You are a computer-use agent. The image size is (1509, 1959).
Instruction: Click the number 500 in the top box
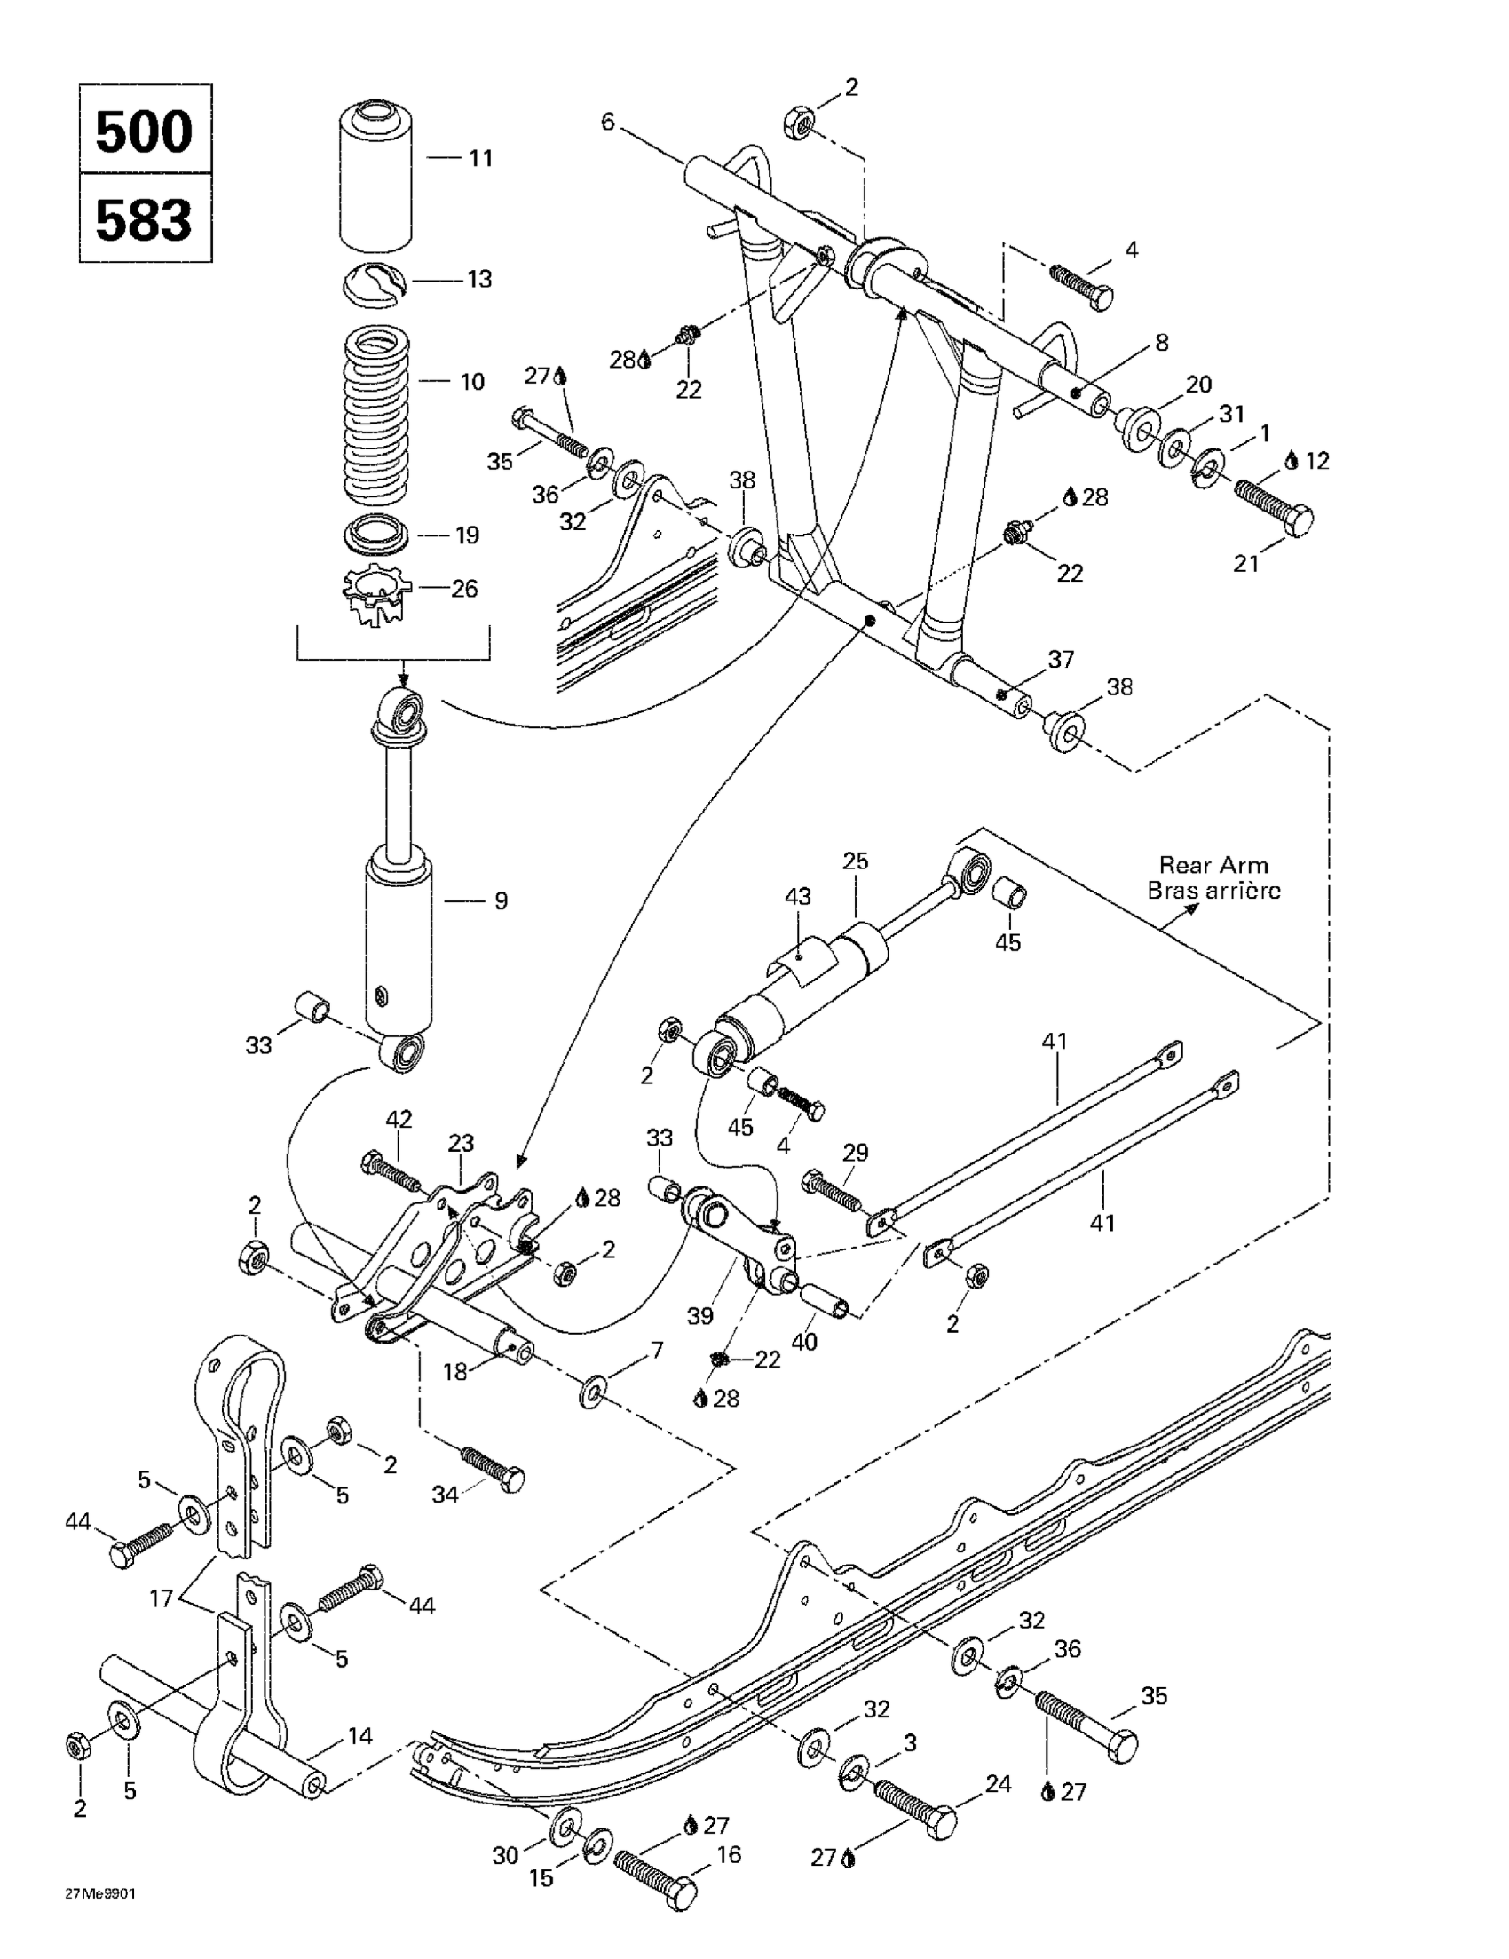coord(144,131)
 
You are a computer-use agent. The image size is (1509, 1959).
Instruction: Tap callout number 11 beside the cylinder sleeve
coord(480,159)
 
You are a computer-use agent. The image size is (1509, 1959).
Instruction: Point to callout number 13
coord(479,279)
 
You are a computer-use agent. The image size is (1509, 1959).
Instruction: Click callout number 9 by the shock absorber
coord(501,900)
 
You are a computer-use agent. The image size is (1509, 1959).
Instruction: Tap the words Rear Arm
coord(1213,865)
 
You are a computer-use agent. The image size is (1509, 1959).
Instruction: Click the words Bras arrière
coord(1214,891)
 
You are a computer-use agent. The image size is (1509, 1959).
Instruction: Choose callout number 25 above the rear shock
coord(856,861)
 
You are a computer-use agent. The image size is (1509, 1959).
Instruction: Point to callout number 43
coord(798,896)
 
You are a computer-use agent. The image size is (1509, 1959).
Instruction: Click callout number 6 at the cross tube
coord(608,121)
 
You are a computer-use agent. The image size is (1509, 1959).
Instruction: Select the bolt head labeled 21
coord(1298,520)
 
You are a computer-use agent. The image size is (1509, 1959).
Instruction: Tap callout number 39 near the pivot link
coord(699,1316)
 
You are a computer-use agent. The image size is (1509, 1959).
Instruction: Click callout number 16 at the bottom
coord(729,1854)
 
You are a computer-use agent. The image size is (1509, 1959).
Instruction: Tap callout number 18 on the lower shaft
coord(455,1371)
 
